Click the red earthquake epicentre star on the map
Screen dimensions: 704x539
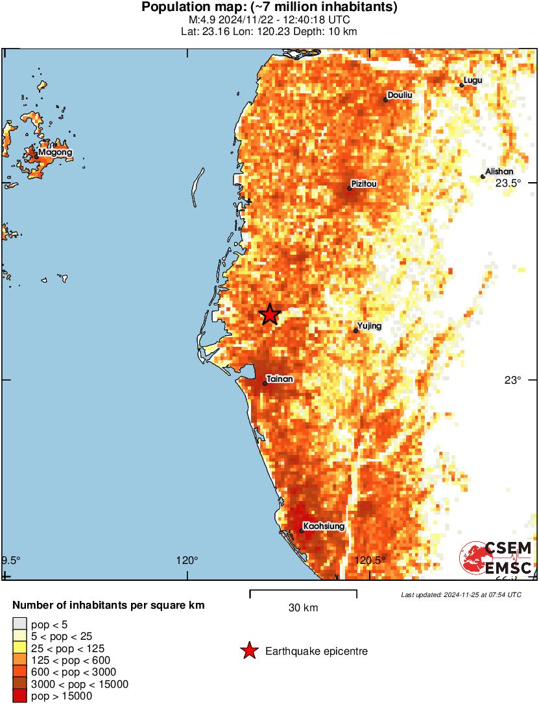pos(270,314)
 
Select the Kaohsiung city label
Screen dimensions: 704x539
pos(324,526)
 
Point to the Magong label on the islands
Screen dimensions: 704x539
pos(55,153)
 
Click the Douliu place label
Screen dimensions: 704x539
pos(400,95)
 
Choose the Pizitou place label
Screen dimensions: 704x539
pos(364,183)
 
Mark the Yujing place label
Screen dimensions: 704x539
pos(369,326)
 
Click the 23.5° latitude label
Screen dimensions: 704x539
pos(509,183)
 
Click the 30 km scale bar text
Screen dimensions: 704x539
pos(303,608)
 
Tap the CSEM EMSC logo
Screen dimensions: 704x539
pos(496,558)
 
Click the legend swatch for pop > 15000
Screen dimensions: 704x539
pos(19,696)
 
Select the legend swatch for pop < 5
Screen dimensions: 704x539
pos(19,624)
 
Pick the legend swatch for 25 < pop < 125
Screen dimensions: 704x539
pos(19,648)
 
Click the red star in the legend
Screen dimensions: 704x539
pos(248,651)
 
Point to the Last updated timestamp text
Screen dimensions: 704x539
pos(461,594)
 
